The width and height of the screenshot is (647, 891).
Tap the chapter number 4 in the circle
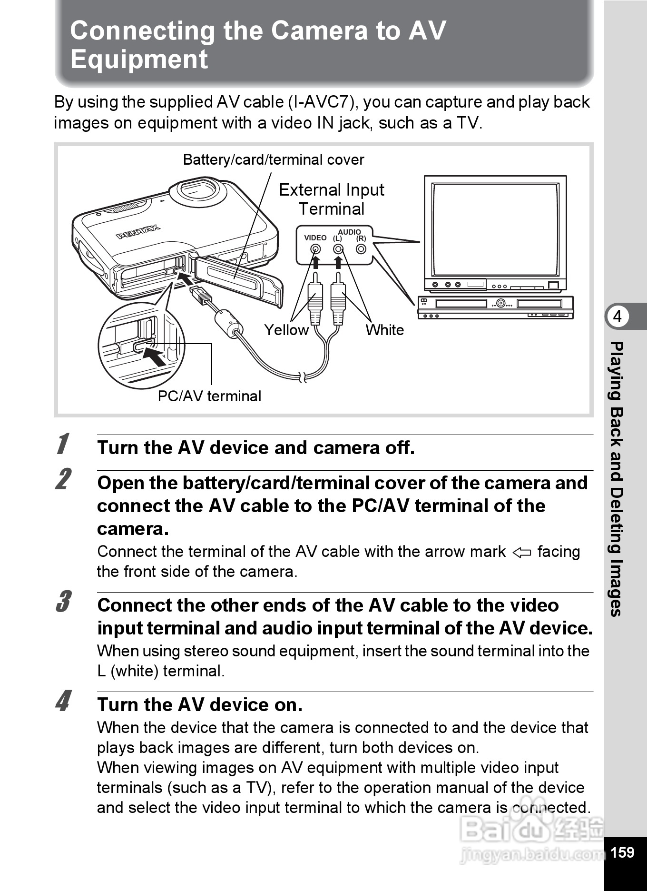pos(618,317)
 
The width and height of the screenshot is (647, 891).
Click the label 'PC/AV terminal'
pos(209,396)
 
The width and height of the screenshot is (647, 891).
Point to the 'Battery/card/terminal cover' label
pos(274,159)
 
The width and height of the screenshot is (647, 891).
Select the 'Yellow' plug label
pos(286,330)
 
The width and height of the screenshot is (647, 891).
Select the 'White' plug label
pos(384,330)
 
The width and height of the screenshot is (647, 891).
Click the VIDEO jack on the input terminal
pos(315,249)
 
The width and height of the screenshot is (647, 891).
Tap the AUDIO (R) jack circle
pos(361,249)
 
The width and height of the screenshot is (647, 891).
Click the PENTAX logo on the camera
pos(138,232)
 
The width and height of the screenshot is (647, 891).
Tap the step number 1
pos(62,444)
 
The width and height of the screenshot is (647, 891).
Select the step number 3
pos(63,602)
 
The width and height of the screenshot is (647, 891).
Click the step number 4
pos(63,701)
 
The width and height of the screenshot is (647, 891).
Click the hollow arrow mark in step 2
pos(521,553)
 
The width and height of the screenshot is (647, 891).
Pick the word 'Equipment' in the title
pos(139,59)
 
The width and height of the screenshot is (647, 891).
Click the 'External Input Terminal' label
pos(332,199)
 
